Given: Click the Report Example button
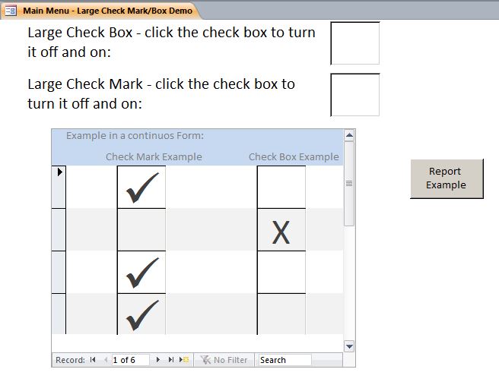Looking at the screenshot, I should click(x=447, y=178).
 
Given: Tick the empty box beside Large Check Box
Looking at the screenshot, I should click(x=354, y=43).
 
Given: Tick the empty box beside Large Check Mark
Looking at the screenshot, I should click(x=354, y=94).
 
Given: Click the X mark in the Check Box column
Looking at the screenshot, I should click(x=281, y=232).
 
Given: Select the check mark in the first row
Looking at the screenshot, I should click(x=142, y=188).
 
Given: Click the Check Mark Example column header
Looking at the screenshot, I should click(x=154, y=157).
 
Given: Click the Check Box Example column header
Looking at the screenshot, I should click(x=294, y=157).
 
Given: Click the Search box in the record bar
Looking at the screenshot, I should click(x=284, y=360).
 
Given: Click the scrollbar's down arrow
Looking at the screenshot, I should click(x=349, y=346).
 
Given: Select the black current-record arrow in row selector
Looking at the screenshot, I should click(x=59, y=172).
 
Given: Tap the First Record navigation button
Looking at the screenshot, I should click(x=93, y=360).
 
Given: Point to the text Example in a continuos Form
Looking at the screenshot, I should click(x=135, y=136).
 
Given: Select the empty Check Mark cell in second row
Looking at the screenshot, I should click(x=141, y=229).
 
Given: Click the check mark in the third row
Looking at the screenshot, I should click(x=142, y=273).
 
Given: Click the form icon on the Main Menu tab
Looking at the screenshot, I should click(x=11, y=11).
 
